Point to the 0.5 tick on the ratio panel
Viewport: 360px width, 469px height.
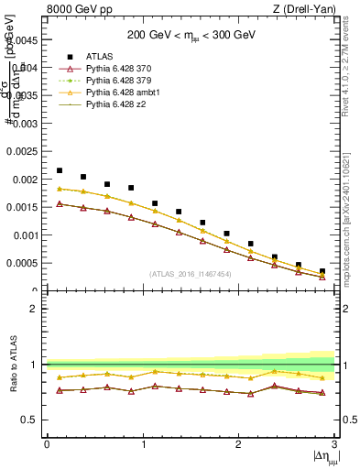tap(32, 420)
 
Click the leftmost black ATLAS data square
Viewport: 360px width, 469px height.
tap(60, 170)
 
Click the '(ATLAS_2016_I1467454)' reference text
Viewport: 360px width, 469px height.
tap(191, 274)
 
